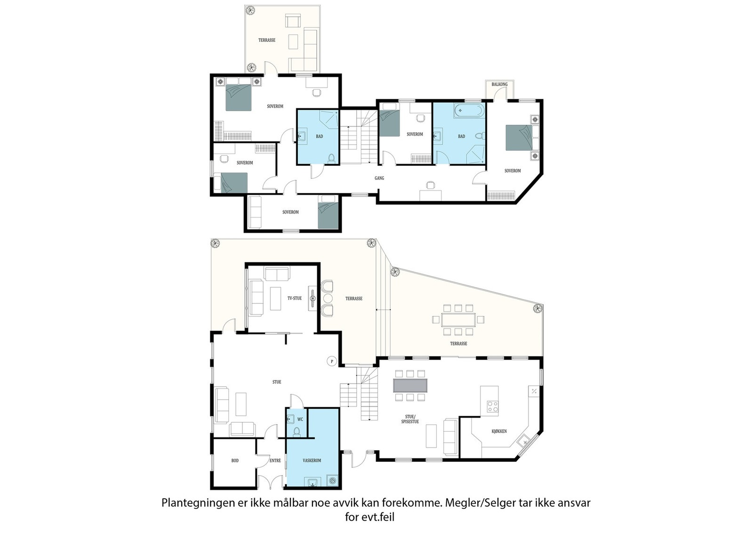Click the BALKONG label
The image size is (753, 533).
pyautogui.click(x=499, y=84)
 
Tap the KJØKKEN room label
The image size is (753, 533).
pyautogui.click(x=499, y=431)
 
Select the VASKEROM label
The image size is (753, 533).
pyautogui.click(x=312, y=460)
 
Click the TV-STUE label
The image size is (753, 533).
pyautogui.click(x=295, y=298)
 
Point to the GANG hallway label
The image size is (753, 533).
pyautogui.click(x=379, y=178)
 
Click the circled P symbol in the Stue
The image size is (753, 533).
pyautogui.click(x=332, y=362)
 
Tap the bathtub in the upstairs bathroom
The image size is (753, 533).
pyautogui.click(x=469, y=111)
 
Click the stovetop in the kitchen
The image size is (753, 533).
pyautogui.click(x=493, y=406)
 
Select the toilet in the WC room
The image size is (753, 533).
pyautogui.click(x=296, y=431)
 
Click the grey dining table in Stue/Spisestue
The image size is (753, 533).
pyautogui.click(x=410, y=385)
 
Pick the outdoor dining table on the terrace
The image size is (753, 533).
pyautogui.click(x=458, y=320)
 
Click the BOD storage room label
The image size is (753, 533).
pyautogui.click(x=235, y=460)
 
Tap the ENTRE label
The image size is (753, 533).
pyautogui.click(x=275, y=460)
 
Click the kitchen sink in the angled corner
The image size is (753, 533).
pyautogui.click(x=524, y=441)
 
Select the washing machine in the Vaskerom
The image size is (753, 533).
pyautogui.click(x=332, y=481)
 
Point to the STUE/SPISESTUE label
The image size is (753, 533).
pyautogui.click(x=410, y=420)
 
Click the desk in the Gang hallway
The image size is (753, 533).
pyautogui.click(x=431, y=195)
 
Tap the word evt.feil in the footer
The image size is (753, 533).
pyautogui.click(x=378, y=517)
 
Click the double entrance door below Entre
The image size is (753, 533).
pyautogui.click(x=271, y=482)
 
